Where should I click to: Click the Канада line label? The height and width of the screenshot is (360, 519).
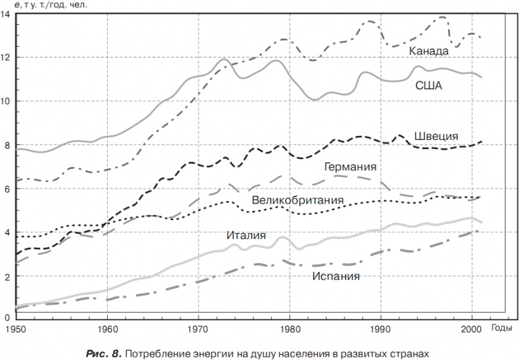click(428, 51)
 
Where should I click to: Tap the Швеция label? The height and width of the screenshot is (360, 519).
click(436, 137)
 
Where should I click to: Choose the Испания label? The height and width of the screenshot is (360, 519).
click(336, 276)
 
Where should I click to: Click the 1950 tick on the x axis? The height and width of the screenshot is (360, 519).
click(14, 326)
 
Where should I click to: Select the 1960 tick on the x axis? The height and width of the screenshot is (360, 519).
click(106, 326)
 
